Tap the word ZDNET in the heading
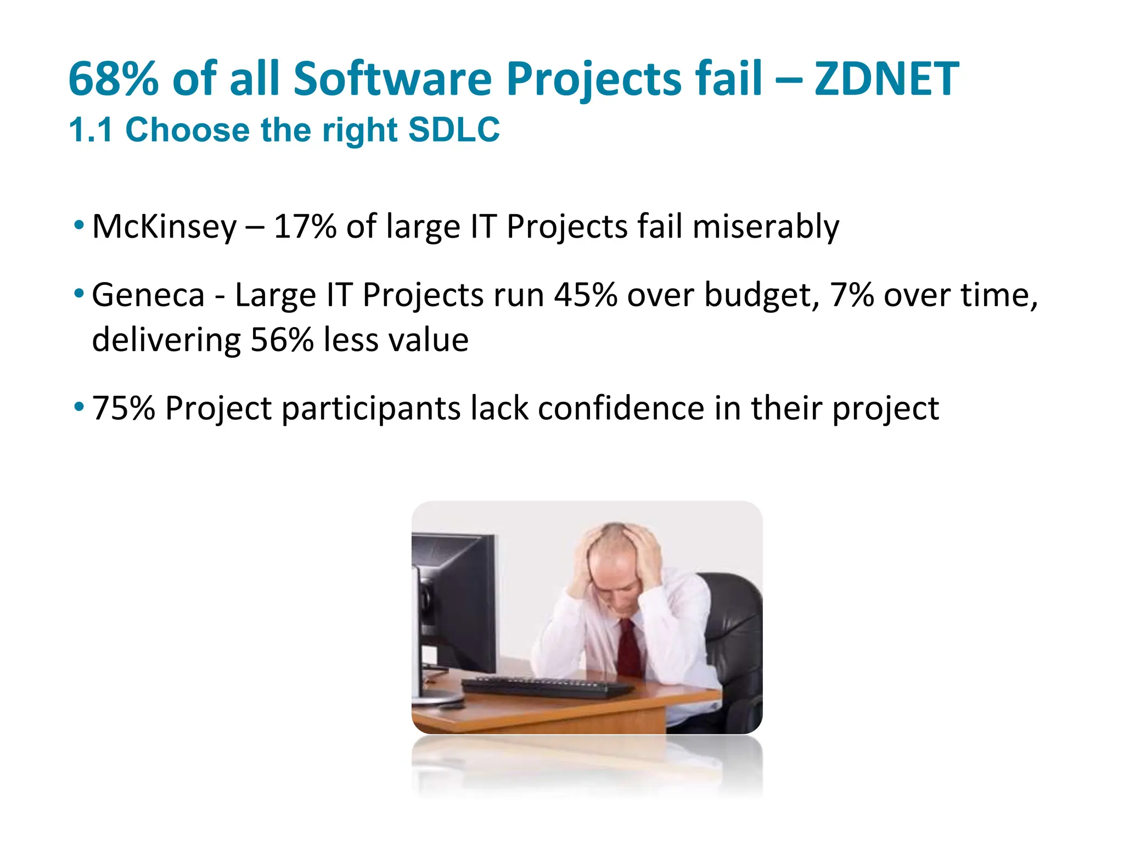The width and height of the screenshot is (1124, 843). coord(886,79)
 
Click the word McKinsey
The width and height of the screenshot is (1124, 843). coord(164,226)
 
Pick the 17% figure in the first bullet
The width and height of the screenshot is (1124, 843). coord(305,226)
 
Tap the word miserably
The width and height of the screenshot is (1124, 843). coord(766,226)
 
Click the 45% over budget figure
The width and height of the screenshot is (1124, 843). coord(585,295)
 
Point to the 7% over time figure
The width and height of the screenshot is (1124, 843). coord(851,295)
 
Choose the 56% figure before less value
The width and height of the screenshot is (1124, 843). coord(282,340)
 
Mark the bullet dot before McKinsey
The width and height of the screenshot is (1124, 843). coord(79,225)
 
